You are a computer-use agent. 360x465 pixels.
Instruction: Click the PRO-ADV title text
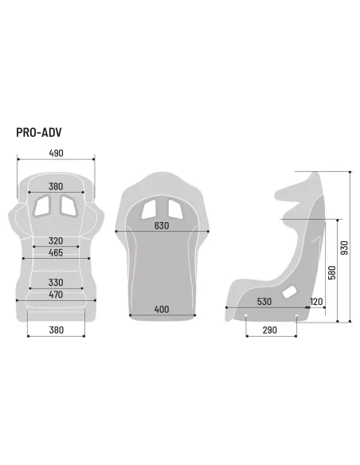click(x=38, y=132)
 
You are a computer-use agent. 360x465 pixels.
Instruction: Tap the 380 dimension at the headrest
click(x=55, y=186)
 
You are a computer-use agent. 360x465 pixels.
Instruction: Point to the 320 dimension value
click(x=55, y=240)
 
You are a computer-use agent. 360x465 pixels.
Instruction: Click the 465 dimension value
click(x=55, y=252)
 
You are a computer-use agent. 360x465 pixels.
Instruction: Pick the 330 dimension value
click(x=55, y=283)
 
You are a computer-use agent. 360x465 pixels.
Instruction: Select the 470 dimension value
click(x=55, y=295)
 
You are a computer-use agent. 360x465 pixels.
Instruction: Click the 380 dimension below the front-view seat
click(x=55, y=330)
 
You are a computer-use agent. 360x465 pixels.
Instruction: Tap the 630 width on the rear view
click(x=162, y=225)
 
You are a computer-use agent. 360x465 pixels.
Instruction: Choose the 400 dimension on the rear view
click(x=162, y=309)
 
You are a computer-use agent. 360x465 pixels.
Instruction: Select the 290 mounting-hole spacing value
click(x=271, y=330)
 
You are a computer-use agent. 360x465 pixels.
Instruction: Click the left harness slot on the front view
click(x=42, y=205)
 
